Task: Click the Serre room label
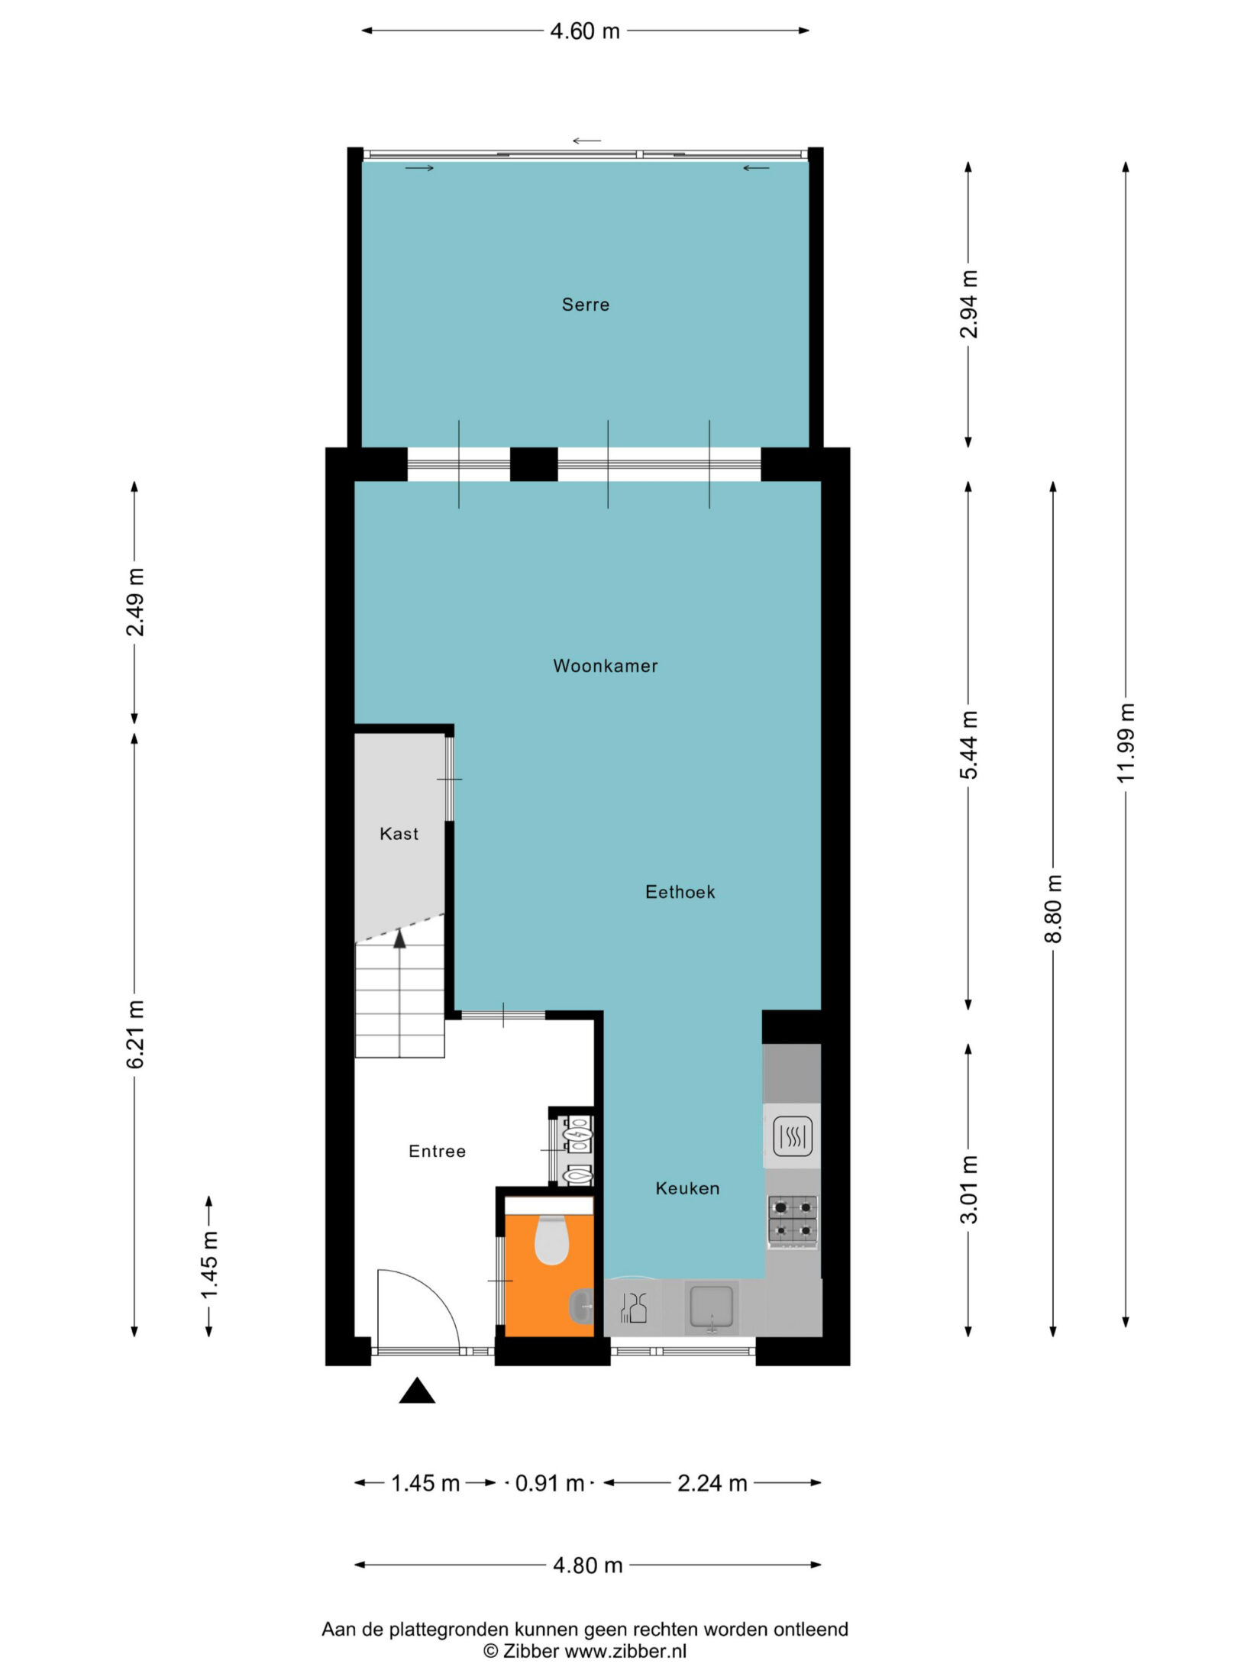pos(586,305)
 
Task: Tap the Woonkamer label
pos(606,666)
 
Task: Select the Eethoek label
pos(680,892)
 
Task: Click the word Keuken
pos(687,1188)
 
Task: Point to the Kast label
pos(399,834)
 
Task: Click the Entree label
pos(437,1152)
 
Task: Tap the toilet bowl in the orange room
pos(551,1240)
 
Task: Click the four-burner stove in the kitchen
pos(793,1221)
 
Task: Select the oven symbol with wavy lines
pos(793,1137)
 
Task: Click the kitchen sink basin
pos(712,1307)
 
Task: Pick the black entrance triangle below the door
pos(417,1391)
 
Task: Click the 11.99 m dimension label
pos(1126,741)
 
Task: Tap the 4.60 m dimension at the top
pos(585,31)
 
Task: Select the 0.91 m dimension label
pos(550,1483)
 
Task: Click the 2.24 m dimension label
pos(712,1483)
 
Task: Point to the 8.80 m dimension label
pos(1054,909)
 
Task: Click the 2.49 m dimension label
pos(136,603)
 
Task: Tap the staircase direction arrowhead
pos(399,939)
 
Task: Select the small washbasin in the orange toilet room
pos(582,1306)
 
